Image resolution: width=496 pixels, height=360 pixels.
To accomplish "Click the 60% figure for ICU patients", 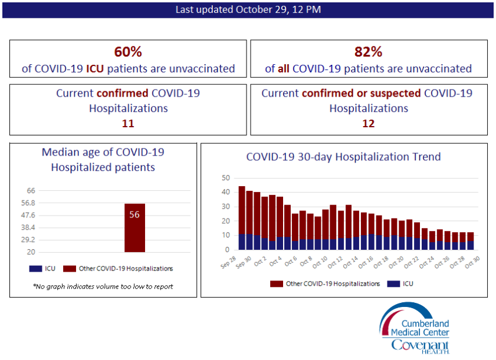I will (x=128, y=51).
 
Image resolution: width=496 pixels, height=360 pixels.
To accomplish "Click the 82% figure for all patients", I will (x=368, y=51).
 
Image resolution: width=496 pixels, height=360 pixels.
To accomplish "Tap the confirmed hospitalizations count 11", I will (x=128, y=124).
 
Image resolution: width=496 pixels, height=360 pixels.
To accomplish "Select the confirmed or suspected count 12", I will (x=368, y=124).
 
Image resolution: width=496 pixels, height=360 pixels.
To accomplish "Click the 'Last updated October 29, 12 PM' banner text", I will (x=248, y=9).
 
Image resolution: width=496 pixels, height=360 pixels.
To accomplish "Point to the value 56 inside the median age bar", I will (x=134, y=214).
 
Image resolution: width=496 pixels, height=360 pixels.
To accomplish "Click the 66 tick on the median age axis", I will (x=31, y=190).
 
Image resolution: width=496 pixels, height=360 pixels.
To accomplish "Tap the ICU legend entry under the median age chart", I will (x=45, y=269).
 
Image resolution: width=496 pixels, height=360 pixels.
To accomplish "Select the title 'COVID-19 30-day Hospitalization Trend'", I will (x=343, y=157).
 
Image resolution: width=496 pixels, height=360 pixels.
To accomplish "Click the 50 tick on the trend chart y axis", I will (x=225, y=178).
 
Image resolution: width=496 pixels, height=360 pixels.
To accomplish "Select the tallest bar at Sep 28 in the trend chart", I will (x=242, y=218).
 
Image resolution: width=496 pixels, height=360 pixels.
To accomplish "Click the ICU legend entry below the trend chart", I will (x=403, y=283).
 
